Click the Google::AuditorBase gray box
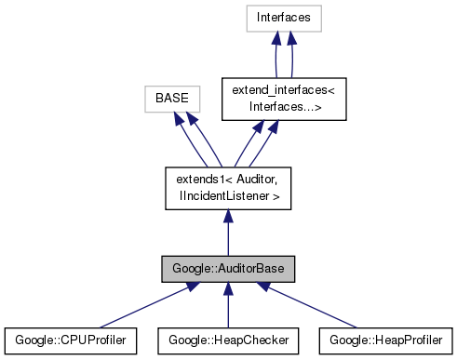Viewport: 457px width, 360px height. click(228, 270)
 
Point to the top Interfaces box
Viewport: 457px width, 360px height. click(285, 17)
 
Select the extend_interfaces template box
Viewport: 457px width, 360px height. click(285, 96)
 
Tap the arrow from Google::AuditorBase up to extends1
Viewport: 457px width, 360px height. click(228, 233)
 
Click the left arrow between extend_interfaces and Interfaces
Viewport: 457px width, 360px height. click(276, 56)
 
